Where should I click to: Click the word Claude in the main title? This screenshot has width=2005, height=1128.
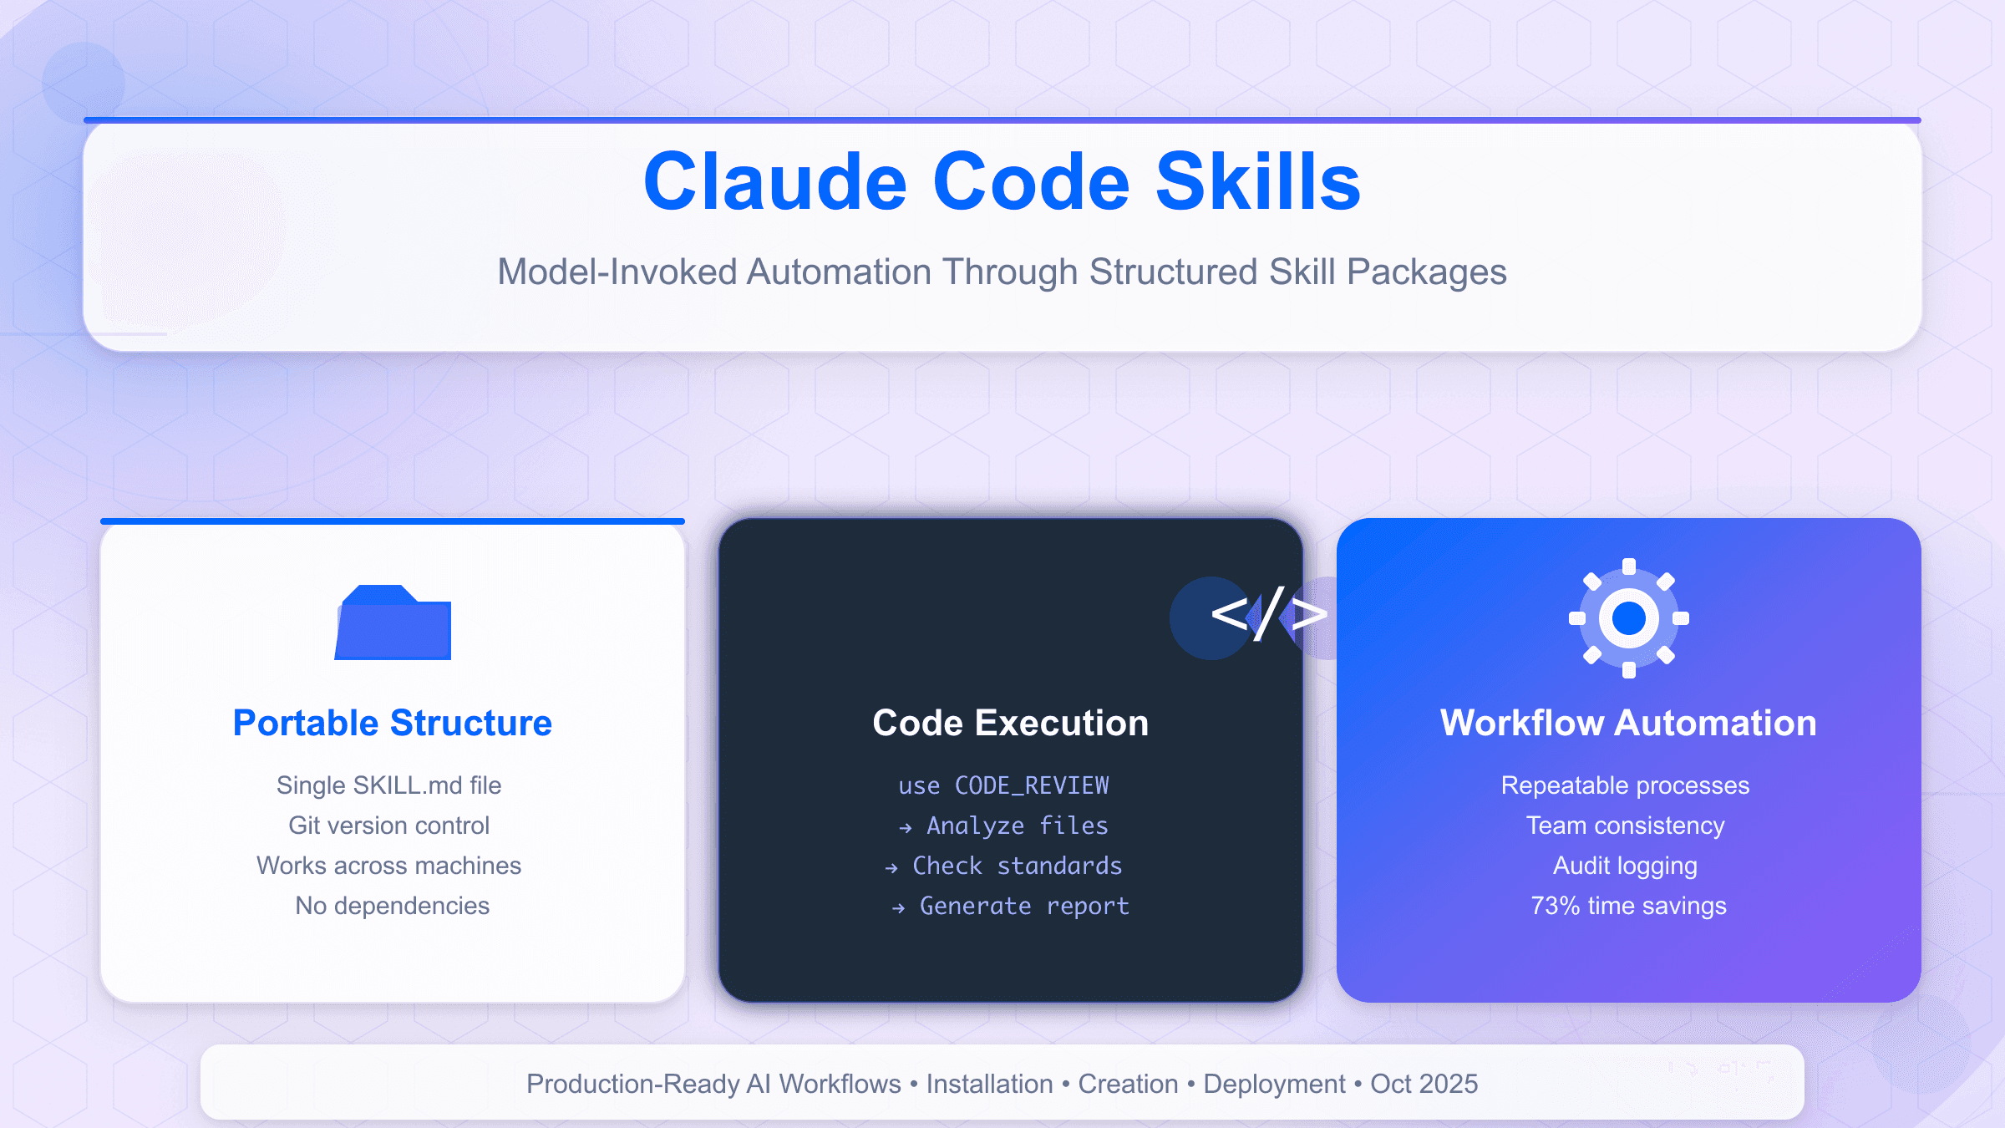coord(775,182)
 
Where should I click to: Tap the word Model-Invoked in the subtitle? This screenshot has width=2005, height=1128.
coord(617,272)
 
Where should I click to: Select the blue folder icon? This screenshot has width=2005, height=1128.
coord(393,623)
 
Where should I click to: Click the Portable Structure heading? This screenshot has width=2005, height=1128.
coord(393,723)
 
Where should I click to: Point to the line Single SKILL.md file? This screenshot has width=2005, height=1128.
coord(389,785)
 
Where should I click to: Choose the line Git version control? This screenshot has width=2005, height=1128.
coord(389,826)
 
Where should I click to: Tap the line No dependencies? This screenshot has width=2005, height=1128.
coord(393,906)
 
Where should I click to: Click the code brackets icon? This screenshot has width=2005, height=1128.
coord(1268,616)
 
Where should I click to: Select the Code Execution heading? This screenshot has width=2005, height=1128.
coord(1011,723)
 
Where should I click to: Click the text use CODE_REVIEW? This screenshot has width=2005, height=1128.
coord(1004,785)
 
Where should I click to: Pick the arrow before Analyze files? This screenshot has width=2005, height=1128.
coord(905,828)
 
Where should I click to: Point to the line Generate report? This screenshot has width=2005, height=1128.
coord(1024,906)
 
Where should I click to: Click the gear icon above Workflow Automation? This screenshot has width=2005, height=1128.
coord(1629,618)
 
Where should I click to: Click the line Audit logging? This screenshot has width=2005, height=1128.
coord(1626,866)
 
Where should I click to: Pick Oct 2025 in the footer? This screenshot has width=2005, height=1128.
coord(1424,1084)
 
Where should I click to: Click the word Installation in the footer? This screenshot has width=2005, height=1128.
coord(990,1084)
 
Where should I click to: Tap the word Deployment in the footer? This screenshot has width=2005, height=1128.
coord(1275,1084)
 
